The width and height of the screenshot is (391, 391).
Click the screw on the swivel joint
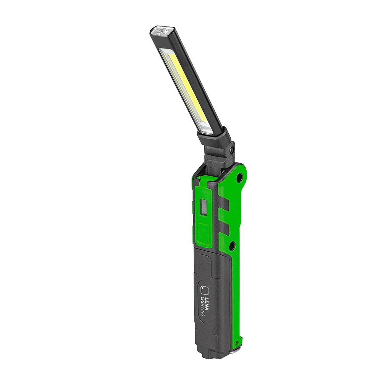coord(232,150)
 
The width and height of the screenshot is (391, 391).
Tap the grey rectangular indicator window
coord(203,207)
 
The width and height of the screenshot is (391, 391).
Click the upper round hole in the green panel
coord(239,177)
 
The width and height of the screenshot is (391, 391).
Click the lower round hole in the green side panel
coord(232,245)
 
